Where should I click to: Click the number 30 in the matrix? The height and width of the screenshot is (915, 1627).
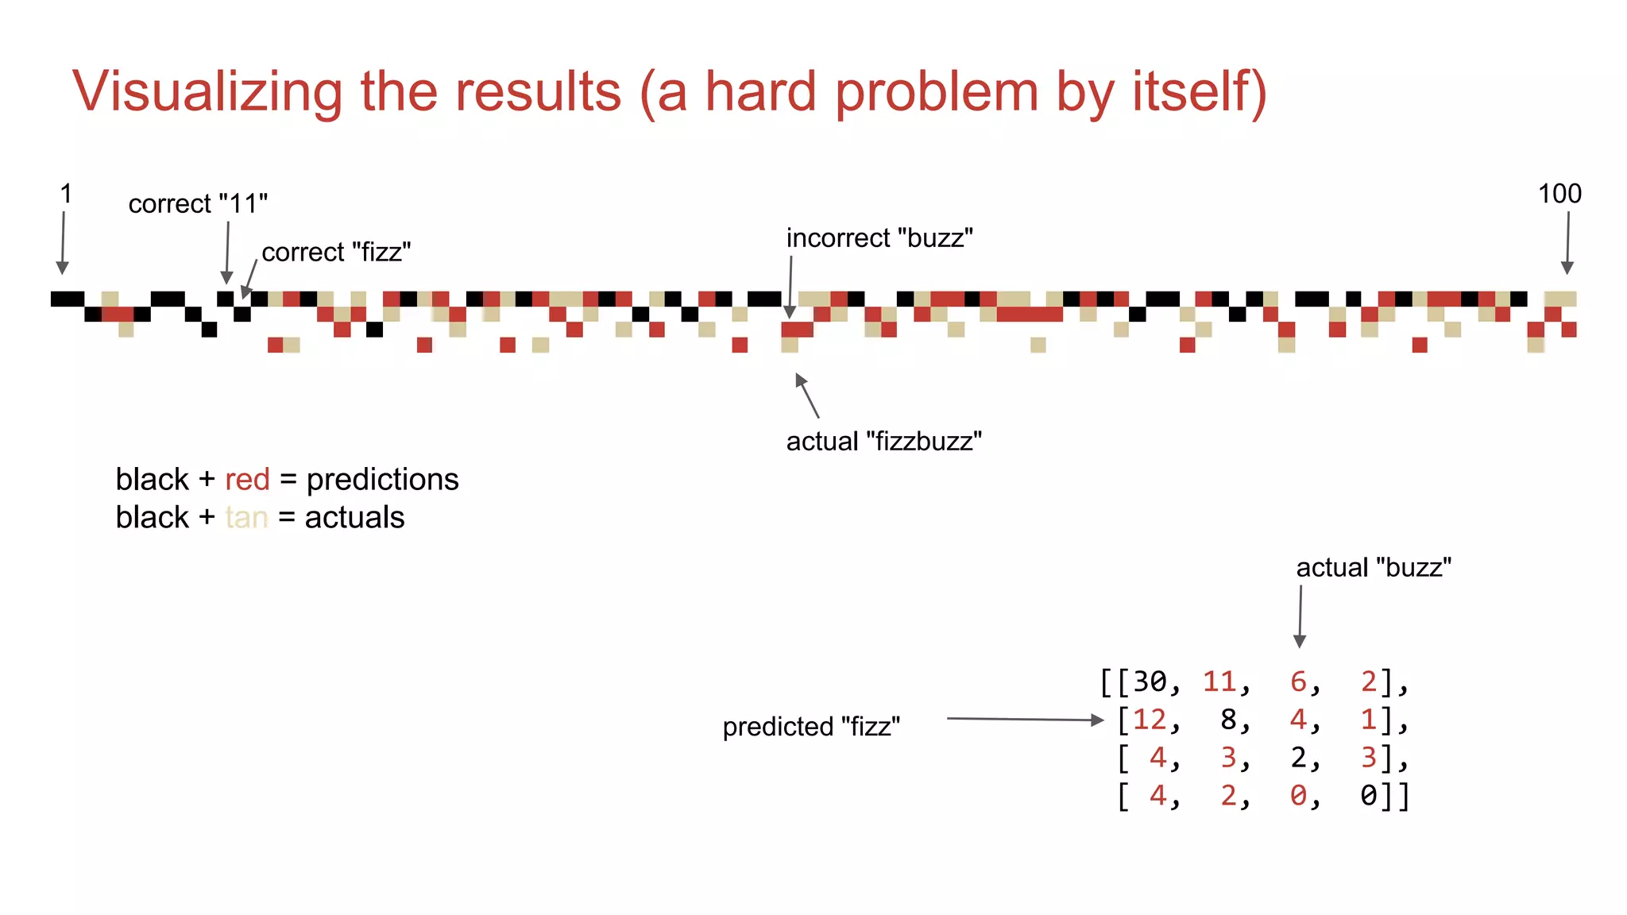point(1150,681)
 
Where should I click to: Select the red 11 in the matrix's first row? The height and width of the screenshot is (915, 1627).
point(1219,681)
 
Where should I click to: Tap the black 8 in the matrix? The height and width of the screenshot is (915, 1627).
point(1229,720)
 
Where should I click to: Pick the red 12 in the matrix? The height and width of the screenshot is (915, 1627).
point(1150,720)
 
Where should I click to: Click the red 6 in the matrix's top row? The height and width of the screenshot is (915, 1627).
point(1298,681)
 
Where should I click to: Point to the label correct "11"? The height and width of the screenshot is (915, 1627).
point(198,204)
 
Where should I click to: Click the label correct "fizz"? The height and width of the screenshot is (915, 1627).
point(336,253)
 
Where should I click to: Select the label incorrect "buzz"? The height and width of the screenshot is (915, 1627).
point(879,238)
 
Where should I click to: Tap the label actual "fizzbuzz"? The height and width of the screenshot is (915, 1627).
point(883,442)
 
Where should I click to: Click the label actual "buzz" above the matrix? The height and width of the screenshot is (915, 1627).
point(1373,568)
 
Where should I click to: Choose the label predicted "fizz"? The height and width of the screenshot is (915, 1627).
point(811,727)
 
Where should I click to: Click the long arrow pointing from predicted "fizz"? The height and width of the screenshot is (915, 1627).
point(1025,720)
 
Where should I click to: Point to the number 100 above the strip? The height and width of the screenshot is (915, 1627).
point(1559,194)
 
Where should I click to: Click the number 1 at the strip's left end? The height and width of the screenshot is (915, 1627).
point(66,194)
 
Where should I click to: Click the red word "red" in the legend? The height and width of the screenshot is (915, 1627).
point(247,480)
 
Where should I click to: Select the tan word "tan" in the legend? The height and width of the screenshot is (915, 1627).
point(246,518)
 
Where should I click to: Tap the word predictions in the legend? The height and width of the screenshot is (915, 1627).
point(382,480)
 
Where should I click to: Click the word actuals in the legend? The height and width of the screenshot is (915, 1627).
point(354,518)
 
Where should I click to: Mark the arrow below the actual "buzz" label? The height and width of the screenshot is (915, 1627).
point(1300,616)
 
